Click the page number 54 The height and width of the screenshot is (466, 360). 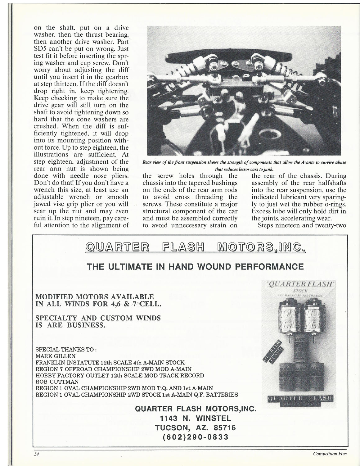click(36, 454)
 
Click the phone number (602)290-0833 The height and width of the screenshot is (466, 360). click(195, 437)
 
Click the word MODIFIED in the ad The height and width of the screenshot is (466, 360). click(53, 296)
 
